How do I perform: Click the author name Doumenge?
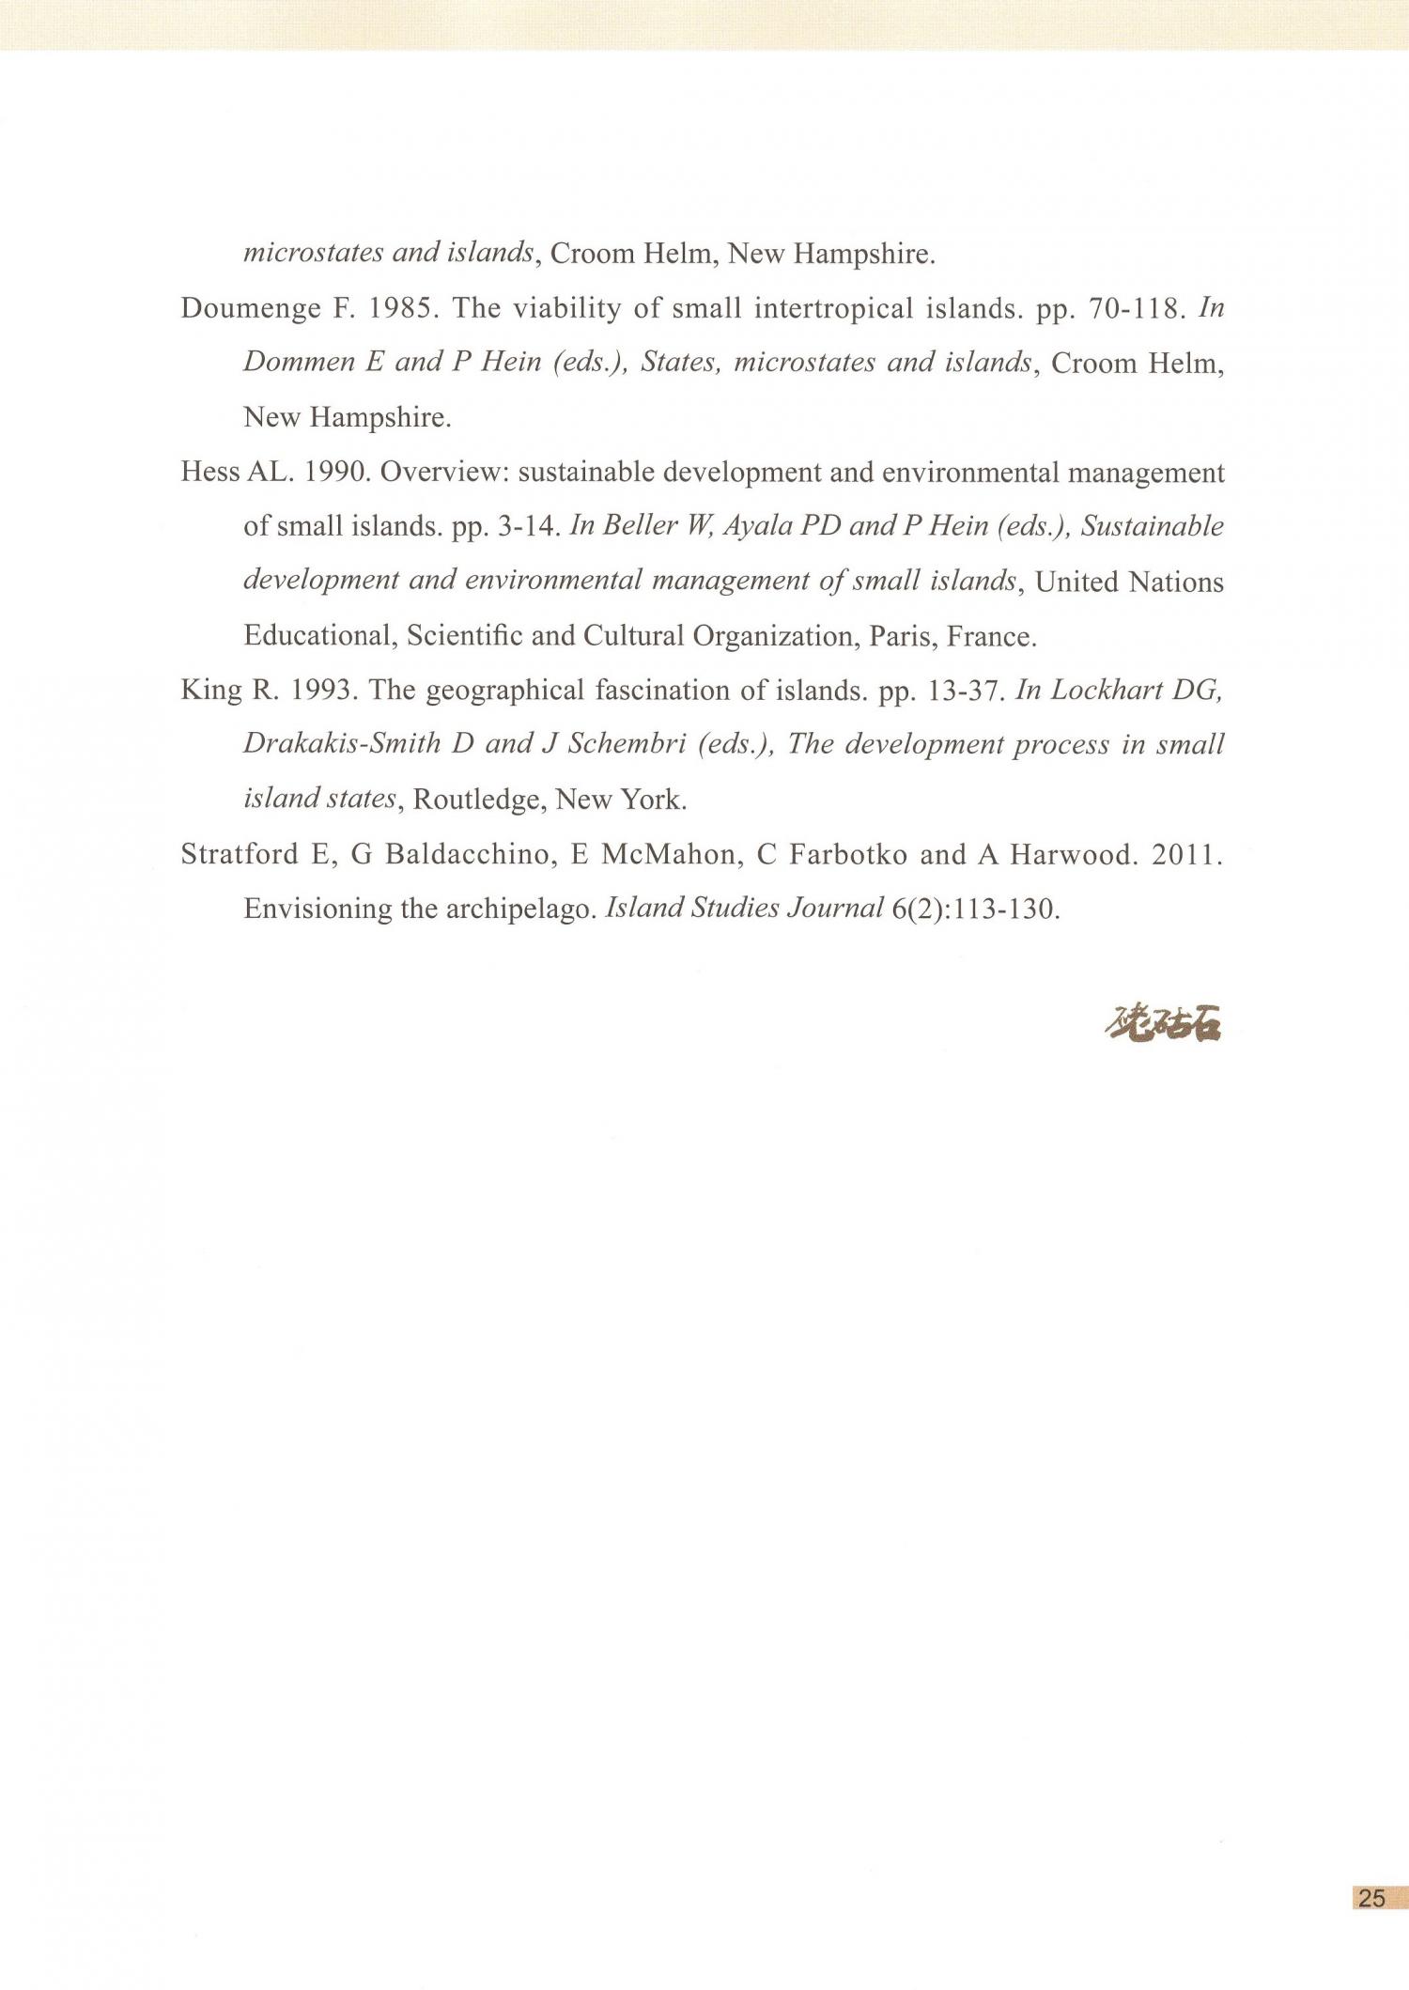click(x=250, y=309)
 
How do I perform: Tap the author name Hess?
click(x=209, y=472)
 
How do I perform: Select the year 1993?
click(x=325, y=691)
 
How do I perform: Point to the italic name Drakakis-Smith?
click(x=343, y=744)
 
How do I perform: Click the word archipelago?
click(x=522, y=909)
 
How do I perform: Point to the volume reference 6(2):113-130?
click(x=976, y=909)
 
